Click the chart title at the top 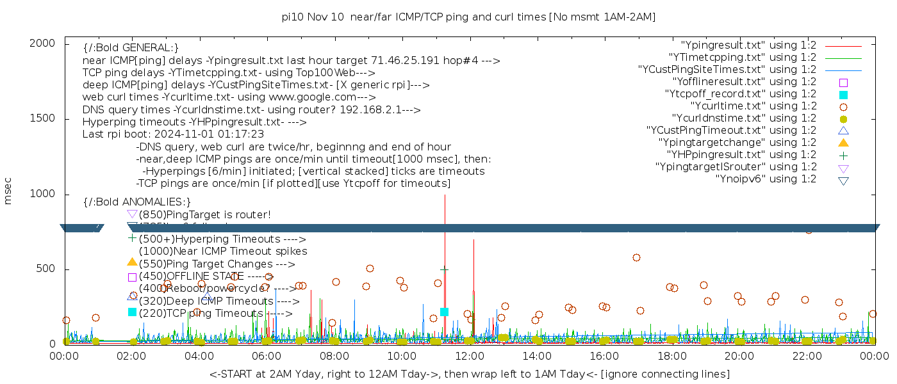tap(468, 17)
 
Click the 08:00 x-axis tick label tap(334, 355)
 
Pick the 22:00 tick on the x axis tap(806, 355)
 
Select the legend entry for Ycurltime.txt tap(753, 106)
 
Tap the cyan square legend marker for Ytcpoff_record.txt tap(843, 94)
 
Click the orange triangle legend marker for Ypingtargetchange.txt tap(843, 143)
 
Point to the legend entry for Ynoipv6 tap(766, 179)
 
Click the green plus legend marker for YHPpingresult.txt tap(843, 155)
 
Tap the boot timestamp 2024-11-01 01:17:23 tap(214, 134)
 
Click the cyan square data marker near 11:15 tap(444, 312)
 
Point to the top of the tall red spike tap(445, 195)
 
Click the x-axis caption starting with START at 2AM tap(469, 374)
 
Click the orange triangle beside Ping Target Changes tap(132, 262)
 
